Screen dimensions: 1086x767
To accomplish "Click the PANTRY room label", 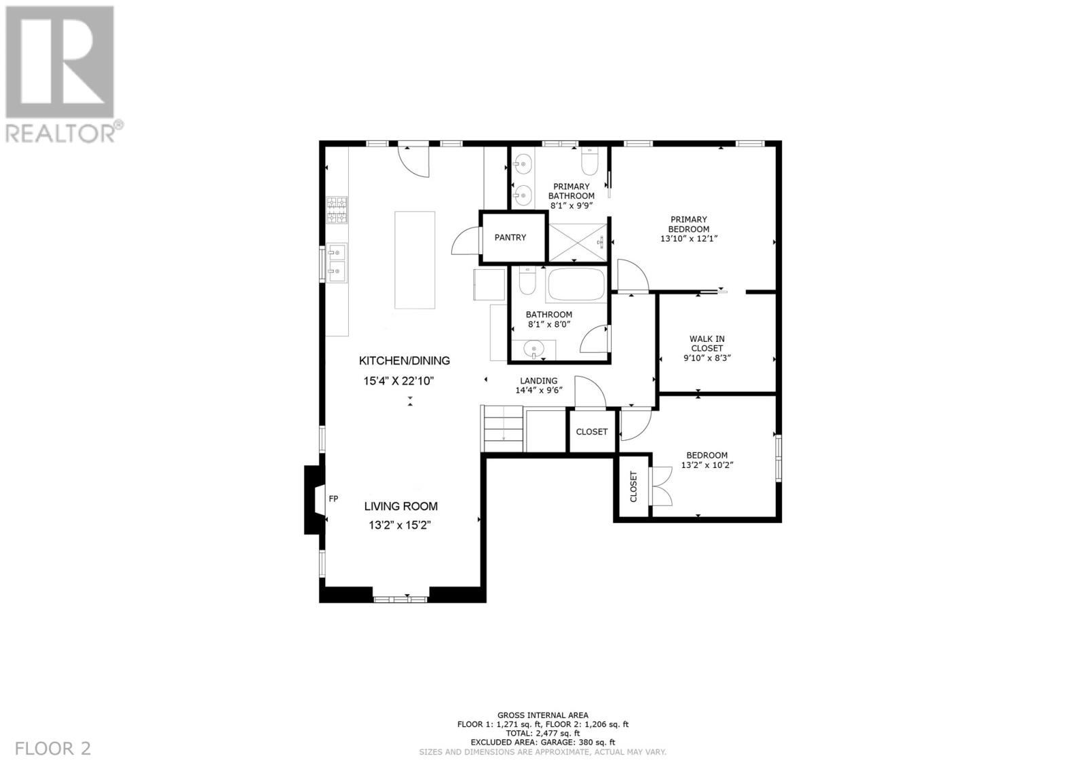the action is (x=510, y=237).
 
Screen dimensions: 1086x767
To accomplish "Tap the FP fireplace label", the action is (x=333, y=498).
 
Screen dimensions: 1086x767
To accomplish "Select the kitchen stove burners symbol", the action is (x=337, y=210).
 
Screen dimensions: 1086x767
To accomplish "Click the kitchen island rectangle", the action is (x=415, y=260).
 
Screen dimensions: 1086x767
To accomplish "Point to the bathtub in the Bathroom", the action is (x=576, y=285).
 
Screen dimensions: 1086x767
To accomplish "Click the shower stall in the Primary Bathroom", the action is (x=578, y=242).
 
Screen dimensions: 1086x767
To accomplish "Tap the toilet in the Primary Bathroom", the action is (x=590, y=161).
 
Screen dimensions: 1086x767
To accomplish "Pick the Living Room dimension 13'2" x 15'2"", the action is (x=400, y=525).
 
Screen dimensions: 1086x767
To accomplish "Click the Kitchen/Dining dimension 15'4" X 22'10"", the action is (x=398, y=381).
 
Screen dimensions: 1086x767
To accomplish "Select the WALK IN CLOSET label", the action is (x=707, y=344).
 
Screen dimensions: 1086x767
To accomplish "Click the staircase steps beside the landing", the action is (x=503, y=429).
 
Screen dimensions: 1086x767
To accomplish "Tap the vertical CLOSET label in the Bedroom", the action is (x=633, y=486).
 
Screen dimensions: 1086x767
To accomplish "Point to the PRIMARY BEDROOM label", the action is (x=688, y=224).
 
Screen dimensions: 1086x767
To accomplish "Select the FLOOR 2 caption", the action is (x=53, y=749).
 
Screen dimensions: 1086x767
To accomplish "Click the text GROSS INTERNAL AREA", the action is (x=543, y=715).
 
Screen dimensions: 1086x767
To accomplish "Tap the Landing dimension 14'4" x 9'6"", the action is (x=539, y=390).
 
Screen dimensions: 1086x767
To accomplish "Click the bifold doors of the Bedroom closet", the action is (x=661, y=486).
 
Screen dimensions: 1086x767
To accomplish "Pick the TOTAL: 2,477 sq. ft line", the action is (x=543, y=734).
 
